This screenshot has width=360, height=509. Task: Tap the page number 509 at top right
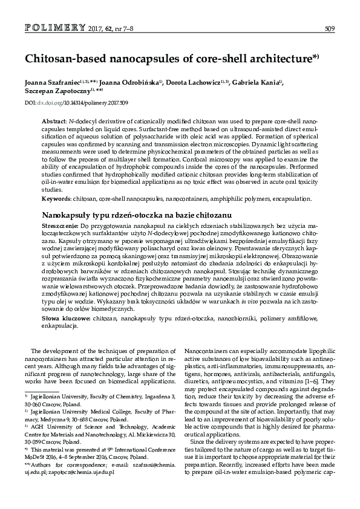tap(329, 28)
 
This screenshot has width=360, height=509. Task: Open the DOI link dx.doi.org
tap(50, 103)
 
